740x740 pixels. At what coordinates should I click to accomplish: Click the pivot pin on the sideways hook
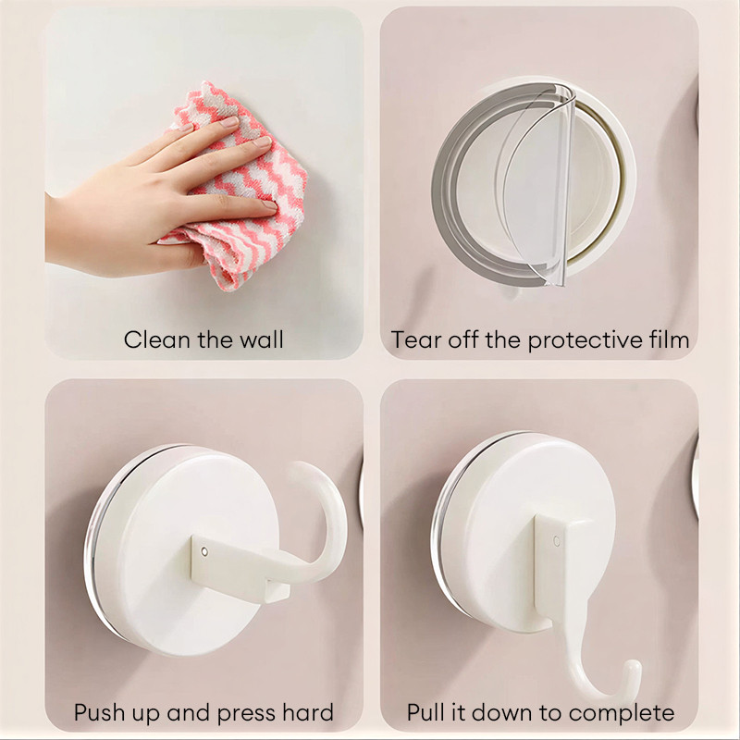(x=204, y=551)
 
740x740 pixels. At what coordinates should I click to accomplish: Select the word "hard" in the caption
(x=308, y=712)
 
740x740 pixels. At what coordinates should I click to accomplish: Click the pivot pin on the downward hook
(x=557, y=541)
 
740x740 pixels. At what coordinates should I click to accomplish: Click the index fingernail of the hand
(x=230, y=122)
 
